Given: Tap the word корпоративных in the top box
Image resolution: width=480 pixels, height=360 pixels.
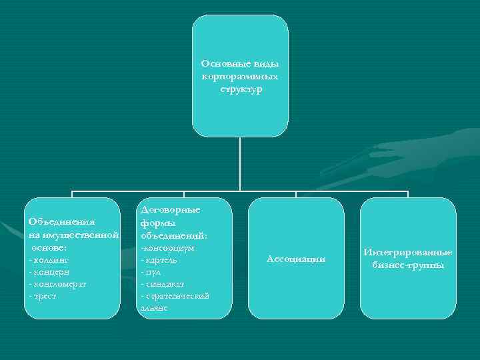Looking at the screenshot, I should click(x=240, y=76).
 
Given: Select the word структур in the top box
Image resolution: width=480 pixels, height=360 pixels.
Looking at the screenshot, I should click(x=240, y=88).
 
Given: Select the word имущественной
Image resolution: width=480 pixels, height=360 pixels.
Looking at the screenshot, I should click(x=83, y=235).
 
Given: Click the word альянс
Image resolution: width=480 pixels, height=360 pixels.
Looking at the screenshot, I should click(x=153, y=307).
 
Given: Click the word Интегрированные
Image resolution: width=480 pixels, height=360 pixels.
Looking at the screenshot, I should click(x=408, y=253).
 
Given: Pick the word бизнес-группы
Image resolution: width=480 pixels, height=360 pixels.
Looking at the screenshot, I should click(x=408, y=265).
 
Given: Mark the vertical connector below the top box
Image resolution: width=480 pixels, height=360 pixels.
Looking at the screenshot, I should click(x=240, y=163).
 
